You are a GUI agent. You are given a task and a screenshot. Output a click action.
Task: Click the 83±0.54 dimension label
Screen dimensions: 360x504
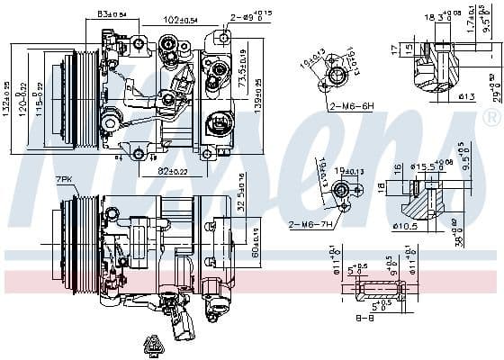112,15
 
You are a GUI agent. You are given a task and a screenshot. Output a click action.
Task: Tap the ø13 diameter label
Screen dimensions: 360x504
465,97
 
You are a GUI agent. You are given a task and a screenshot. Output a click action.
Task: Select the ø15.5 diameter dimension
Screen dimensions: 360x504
424,166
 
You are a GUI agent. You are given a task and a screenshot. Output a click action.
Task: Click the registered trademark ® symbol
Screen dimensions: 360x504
491,118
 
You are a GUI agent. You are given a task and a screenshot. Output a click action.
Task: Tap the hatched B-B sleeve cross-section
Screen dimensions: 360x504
383,290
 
